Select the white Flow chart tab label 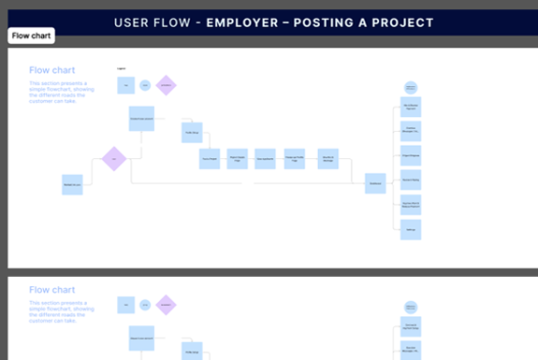[x=31, y=36]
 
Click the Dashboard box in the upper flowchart [x=375, y=183]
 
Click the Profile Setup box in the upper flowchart [x=192, y=132]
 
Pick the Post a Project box [x=210, y=158]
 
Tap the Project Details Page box [x=238, y=158]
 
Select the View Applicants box [x=265, y=158]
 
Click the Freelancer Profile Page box [x=293, y=158]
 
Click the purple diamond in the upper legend [x=167, y=85]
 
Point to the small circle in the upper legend [x=145, y=85]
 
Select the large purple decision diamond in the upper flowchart [x=113, y=159]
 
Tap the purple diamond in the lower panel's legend [x=167, y=305]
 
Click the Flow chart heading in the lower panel [x=52, y=290]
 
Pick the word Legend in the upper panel [x=122, y=69]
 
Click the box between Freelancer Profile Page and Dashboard [x=327, y=158]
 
